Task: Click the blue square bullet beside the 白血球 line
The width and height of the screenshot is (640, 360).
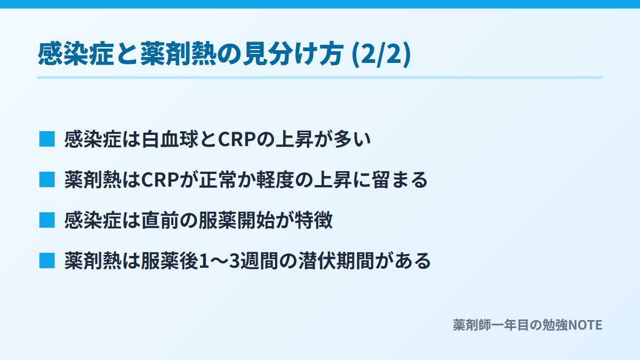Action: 47,139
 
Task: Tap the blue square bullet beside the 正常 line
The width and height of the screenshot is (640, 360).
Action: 47,180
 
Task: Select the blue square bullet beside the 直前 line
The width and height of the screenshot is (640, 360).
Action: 47,220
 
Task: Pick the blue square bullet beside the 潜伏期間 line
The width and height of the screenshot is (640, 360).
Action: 47,261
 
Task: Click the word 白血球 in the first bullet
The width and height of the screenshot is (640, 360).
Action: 170,139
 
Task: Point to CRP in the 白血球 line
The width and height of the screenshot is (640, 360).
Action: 237,139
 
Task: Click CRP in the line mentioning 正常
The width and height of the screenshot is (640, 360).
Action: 160,180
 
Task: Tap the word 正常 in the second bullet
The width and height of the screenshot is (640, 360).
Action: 218,180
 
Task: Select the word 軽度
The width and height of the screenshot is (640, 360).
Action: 275,180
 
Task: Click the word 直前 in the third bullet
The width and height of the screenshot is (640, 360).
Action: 160,221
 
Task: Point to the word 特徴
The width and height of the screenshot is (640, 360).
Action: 314,221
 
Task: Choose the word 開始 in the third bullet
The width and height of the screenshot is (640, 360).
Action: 256,221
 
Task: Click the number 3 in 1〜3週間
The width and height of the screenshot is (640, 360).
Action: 234,261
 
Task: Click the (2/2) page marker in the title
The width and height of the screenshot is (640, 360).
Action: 381,54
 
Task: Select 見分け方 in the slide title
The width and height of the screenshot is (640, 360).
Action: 293,54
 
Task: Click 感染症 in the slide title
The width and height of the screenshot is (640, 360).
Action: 76,54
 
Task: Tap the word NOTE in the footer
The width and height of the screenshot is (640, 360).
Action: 586,325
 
